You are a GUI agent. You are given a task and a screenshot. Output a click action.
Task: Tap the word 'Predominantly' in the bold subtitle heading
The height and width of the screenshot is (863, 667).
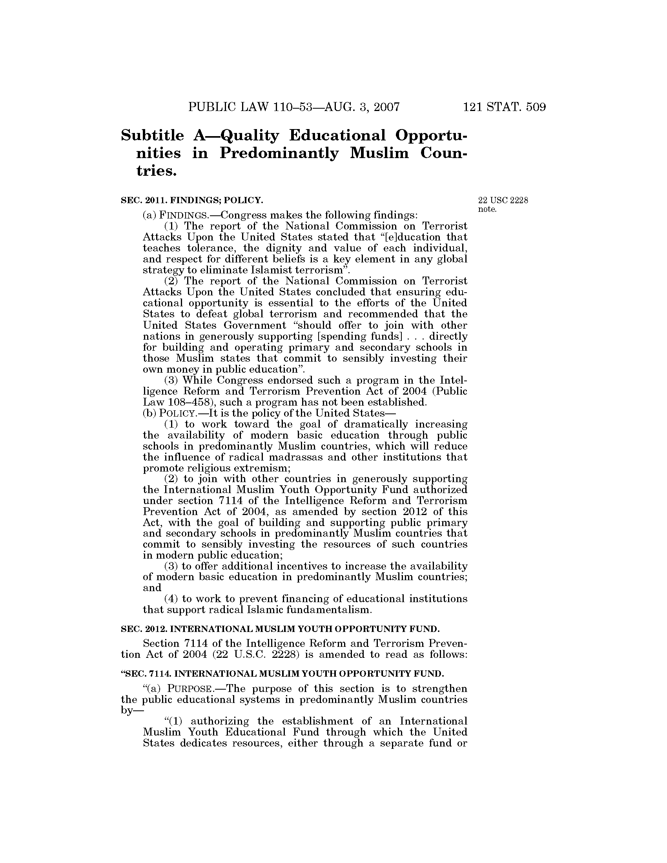(279, 153)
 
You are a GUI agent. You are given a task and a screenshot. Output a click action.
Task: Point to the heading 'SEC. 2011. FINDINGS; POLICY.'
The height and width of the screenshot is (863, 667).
(191, 200)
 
